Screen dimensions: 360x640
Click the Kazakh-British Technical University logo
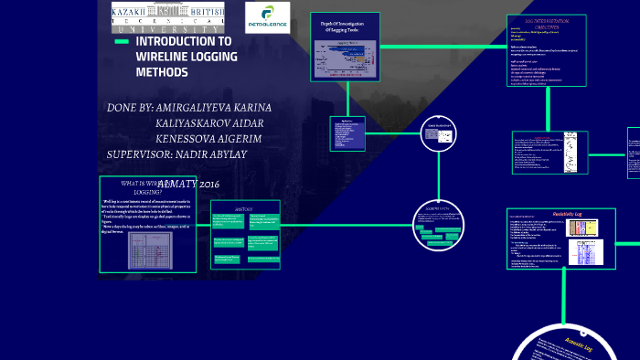(166, 17)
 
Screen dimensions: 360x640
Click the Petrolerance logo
(268, 17)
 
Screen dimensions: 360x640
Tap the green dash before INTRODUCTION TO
(121, 42)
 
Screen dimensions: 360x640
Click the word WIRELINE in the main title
(165, 57)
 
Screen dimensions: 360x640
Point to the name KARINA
(245, 107)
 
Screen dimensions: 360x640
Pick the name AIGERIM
(237, 138)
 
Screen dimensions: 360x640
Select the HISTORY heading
(244, 209)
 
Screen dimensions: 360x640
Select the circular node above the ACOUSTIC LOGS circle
(440, 136)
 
